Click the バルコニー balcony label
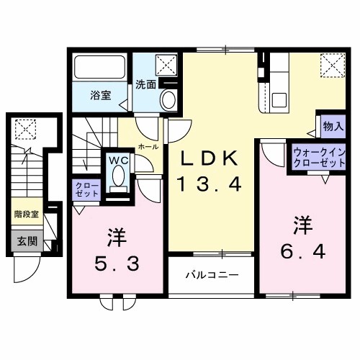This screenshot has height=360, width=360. [212, 274]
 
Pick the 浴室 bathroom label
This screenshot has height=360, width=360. [100, 96]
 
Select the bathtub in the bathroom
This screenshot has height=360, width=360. [100, 70]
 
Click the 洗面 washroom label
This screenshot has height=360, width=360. [145, 84]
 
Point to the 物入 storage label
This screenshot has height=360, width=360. [332, 127]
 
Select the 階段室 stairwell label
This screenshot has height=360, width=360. [27, 214]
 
